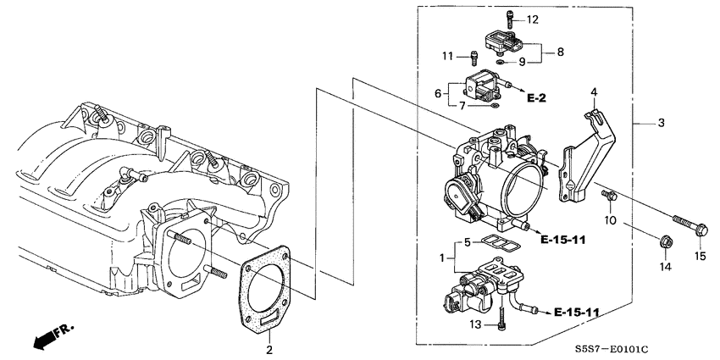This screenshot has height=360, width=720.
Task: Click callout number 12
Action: pyautogui.click(x=532, y=19)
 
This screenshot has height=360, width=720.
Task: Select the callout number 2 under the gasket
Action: pyautogui.click(x=269, y=350)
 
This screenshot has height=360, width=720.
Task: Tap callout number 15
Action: pyautogui.click(x=701, y=255)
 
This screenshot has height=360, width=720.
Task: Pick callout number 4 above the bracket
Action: pyautogui.click(x=594, y=91)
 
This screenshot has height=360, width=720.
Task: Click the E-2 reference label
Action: pyautogui.click(x=536, y=99)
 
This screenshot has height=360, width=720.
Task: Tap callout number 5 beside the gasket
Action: pyautogui.click(x=465, y=242)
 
